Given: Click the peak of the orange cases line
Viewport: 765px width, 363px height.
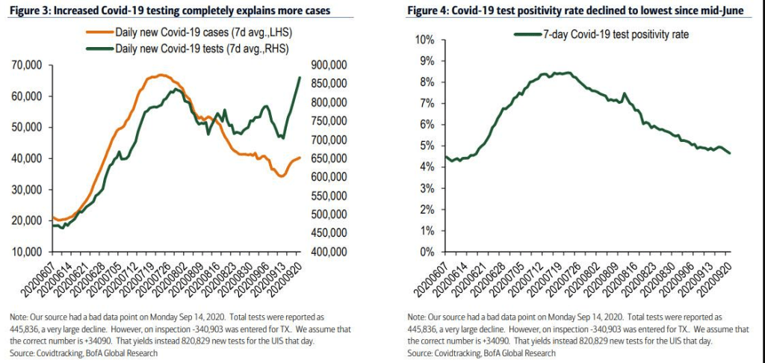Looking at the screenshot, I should [x=160, y=75].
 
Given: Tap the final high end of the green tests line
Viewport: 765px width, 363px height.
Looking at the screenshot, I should [x=300, y=77].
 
